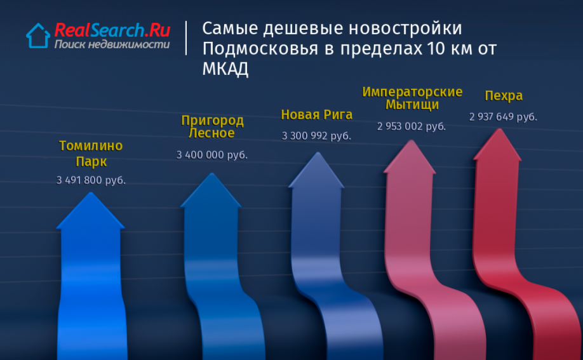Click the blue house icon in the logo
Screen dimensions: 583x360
click(38, 36)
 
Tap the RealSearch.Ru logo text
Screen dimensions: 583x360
click(112, 30)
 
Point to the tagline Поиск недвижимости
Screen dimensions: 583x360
click(112, 44)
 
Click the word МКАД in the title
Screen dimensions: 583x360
click(225, 69)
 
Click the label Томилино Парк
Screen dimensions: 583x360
click(91, 154)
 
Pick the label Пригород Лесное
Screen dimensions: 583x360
click(212, 126)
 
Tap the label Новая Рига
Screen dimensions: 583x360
click(316, 114)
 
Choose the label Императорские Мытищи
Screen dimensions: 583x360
click(412, 98)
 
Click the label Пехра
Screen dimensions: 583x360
click(504, 96)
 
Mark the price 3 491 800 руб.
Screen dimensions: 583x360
click(91, 180)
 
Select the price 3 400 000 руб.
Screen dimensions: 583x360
click(212, 155)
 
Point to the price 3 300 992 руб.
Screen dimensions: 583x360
click(316, 136)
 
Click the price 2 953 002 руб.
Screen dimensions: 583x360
click(412, 126)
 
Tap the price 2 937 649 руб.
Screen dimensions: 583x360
click(503, 117)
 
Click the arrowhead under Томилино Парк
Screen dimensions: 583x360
click(90, 212)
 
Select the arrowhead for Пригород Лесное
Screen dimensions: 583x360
click(211, 192)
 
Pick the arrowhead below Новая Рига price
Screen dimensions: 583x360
click(317, 171)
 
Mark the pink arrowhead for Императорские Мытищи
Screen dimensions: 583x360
click(410, 158)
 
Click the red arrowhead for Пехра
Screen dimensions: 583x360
click(498, 146)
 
